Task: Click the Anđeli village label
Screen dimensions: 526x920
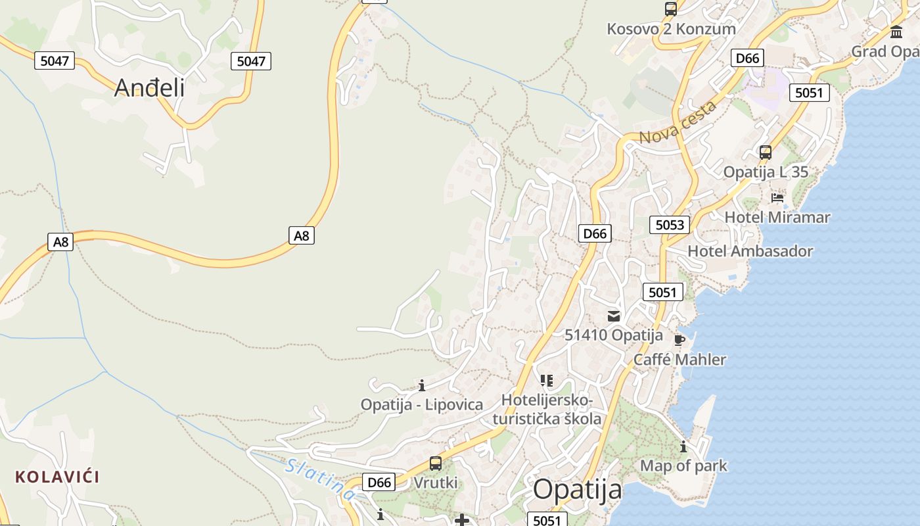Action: point(149,87)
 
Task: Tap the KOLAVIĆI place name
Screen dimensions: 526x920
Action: point(57,477)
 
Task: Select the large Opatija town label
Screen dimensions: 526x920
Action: point(577,490)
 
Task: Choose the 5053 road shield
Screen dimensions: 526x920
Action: point(670,225)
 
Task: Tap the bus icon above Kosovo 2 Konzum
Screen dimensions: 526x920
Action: point(670,9)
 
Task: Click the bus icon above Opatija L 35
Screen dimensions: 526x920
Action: point(765,153)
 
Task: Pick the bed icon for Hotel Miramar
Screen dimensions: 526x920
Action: point(777,197)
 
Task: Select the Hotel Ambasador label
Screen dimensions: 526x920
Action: point(750,251)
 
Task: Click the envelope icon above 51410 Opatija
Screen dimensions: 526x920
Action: point(614,316)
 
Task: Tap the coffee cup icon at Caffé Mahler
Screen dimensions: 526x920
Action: point(679,340)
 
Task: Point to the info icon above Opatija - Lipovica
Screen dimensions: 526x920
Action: point(422,385)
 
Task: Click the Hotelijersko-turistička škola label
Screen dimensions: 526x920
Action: point(547,409)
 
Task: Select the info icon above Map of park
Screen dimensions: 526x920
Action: point(683,447)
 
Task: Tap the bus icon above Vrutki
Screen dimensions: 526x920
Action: point(435,464)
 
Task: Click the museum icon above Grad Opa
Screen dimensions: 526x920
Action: point(896,32)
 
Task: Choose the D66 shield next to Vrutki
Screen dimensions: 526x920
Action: point(379,482)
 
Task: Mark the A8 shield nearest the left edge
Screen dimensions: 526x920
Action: point(60,242)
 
